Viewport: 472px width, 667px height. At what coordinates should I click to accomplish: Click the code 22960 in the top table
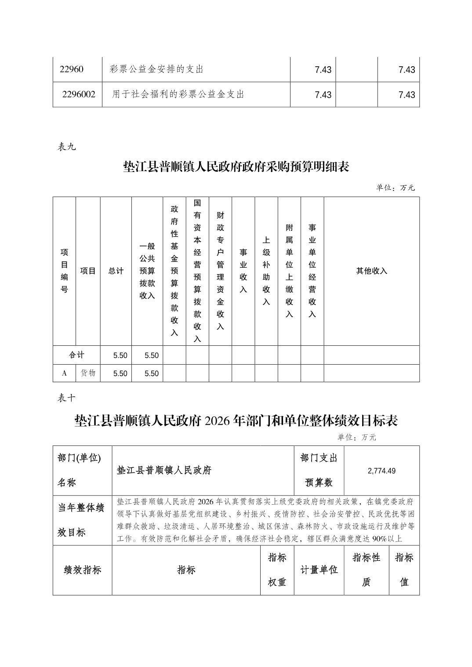pos(72,69)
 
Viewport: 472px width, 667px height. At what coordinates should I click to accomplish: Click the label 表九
pos(67,147)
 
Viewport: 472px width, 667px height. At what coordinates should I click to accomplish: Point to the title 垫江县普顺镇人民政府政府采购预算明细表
pos(236,167)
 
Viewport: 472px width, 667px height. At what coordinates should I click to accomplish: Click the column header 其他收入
pos(371,271)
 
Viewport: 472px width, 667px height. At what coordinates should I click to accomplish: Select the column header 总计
pos(116,271)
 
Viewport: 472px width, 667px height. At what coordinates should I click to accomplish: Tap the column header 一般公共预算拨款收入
pos(147,271)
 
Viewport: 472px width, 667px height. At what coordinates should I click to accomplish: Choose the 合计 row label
pos(77,355)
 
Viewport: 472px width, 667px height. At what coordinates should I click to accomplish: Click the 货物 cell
pos(88,373)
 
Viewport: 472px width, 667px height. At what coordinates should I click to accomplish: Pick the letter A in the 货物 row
pos(65,373)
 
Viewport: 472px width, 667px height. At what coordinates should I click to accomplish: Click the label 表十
pos(67,398)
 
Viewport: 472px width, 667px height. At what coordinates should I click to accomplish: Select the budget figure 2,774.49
pos(381,470)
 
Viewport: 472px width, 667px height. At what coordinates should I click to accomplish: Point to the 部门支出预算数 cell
pos(319,470)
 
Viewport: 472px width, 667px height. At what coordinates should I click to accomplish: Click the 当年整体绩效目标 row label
pos(82,520)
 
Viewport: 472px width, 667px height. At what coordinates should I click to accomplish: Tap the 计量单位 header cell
pos(319,570)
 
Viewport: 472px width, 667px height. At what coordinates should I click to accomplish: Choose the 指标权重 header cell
pos(277,570)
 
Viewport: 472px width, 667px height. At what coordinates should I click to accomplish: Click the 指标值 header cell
pos(404,570)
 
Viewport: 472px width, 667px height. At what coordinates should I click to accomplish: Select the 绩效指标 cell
pos(83,570)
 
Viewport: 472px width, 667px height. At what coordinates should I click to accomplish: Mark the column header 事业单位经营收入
pos(312,271)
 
